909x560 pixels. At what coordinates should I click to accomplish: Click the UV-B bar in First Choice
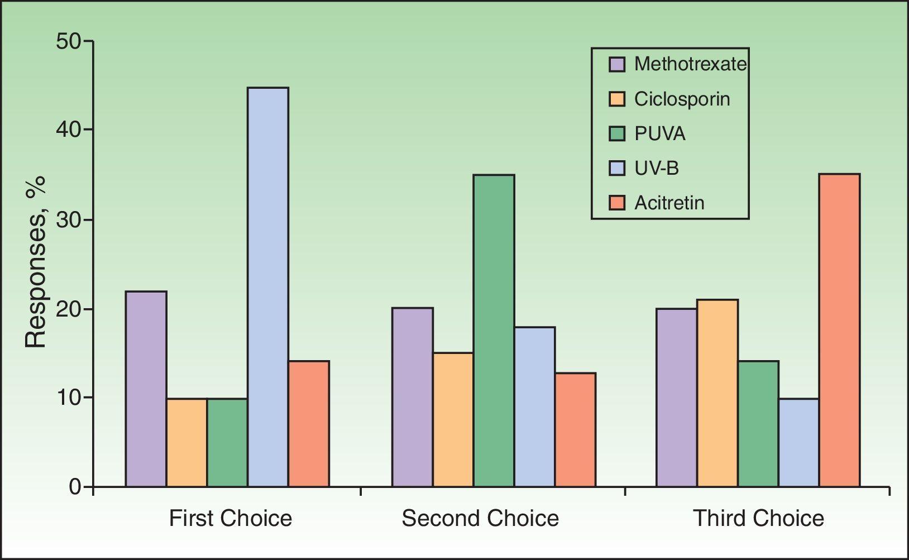tap(268, 287)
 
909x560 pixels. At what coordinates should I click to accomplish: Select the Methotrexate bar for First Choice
tap(146, 389)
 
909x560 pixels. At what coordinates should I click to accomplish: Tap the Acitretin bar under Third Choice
tap(839, 330)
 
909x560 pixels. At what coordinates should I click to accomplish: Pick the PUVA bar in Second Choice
tap(494, 331)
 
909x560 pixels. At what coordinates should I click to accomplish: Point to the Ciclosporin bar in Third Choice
tap(717, 393)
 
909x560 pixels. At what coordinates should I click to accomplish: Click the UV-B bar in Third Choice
tap(798, 442)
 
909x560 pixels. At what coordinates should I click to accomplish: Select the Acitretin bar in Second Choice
tap(575, 429)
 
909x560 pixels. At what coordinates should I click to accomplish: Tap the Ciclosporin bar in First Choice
tap(186, 442)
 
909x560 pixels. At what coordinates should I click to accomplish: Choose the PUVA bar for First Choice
tap(227, 442)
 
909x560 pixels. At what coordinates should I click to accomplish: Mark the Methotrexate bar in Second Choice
tap(412, 397)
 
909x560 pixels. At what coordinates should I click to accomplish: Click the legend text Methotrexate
tap(690, 64)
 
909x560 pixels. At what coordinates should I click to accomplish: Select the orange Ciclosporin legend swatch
tap(616, 99)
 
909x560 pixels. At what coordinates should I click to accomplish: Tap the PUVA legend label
tap(659, 134)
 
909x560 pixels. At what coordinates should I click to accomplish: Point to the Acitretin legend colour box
tap(616, 203)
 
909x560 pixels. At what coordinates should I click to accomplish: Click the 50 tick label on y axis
tap(68, 42)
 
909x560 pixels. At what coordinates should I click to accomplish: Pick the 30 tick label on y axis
tap(68, 219)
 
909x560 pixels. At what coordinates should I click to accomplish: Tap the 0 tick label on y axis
tap(75, 487)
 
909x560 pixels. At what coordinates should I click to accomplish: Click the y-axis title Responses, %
tap(36, 262)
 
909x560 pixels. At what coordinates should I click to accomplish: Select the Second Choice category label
tap(480, 519)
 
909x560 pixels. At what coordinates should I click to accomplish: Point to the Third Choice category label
tap(758, 519)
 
